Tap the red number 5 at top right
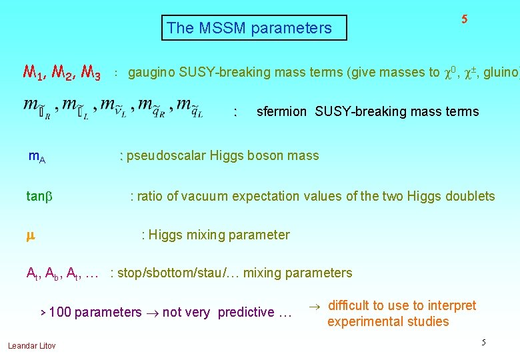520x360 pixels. [464, 19]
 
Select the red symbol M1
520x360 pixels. [34, 73]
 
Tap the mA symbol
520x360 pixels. [37, 157]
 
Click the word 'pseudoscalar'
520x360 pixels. [166, 156]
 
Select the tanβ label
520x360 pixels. [39, 196]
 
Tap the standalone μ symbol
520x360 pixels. [30, 235]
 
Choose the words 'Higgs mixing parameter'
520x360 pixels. [219, 235]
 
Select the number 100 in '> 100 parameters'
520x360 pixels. [60, 312]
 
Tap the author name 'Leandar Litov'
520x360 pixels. [32, 345]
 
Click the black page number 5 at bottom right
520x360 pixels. [484, 343]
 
